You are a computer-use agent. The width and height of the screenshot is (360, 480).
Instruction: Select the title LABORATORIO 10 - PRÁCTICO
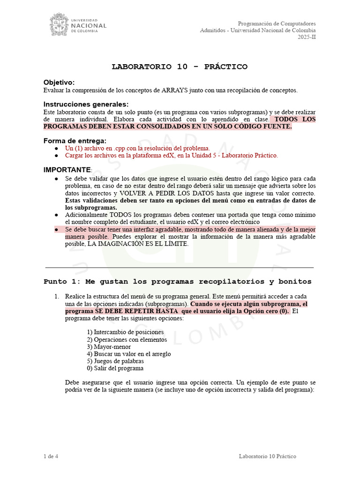pyautogui.click(x=180, y=67)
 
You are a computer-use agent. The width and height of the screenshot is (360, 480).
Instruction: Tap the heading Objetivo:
pyautogui.click(x=59, y=82)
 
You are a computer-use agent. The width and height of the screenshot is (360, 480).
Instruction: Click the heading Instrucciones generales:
pyautogui.click(x=86, y=104)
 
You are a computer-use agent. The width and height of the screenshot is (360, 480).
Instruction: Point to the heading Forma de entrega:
pyautogui.click(x=75, y=141)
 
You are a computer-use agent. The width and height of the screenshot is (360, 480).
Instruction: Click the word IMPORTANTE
pyautogui.click(x=67, y=169)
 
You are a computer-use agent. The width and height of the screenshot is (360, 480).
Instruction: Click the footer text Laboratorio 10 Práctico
pyautogui.click(x=267, y=456)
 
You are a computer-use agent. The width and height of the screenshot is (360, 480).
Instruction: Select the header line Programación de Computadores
pyautogui.click(x=277, y=23)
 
